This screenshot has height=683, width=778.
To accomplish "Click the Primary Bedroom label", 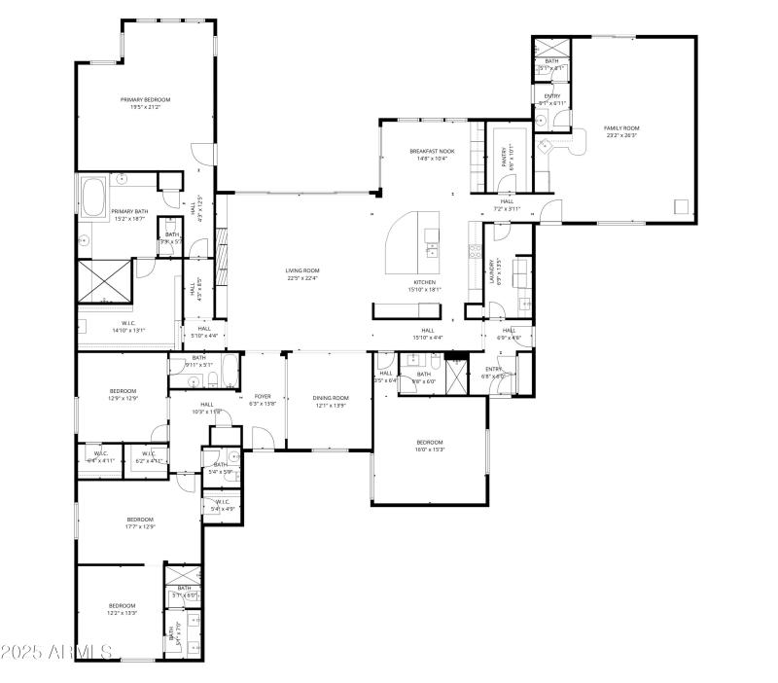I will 145,100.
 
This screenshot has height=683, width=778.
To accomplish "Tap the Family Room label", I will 621,128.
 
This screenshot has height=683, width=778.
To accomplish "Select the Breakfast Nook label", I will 432,152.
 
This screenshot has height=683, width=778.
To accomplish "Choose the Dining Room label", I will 331,398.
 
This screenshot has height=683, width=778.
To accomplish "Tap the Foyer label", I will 263,397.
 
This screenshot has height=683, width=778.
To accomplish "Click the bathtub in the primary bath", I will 95,198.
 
